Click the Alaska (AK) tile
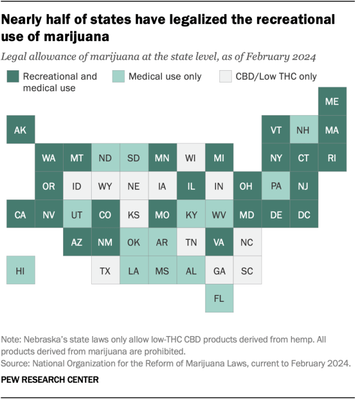(20, 130)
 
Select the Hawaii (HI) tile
(20, 270)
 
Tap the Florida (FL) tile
(219, 298)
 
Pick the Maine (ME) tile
(332, 102)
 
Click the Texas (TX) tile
(105, 270)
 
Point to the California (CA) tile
(20, 214)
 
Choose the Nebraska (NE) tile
(134, 186)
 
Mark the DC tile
(304, 214)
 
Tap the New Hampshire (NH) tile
(304, 130)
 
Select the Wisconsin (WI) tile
(191, 158)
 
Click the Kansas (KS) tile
(134, 214)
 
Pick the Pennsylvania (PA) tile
(276, 186)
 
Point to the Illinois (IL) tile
(191, 186)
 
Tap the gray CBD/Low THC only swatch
(226, 76)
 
